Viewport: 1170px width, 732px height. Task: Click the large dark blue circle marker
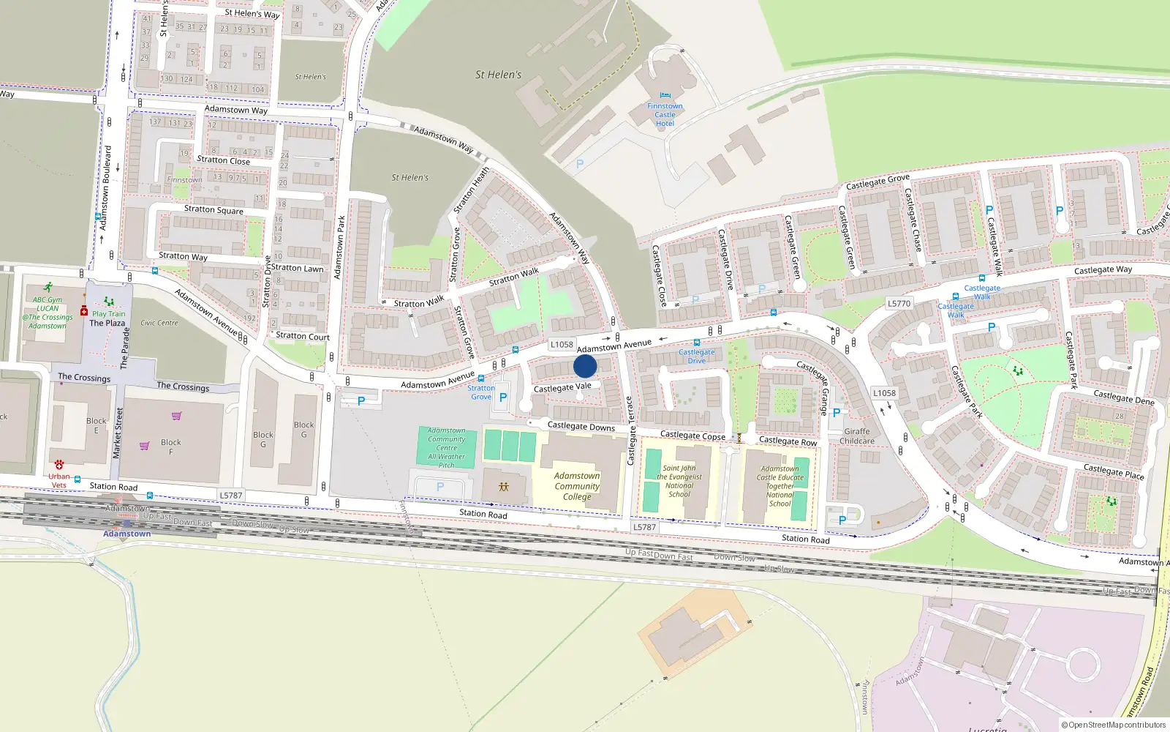pos(585,366)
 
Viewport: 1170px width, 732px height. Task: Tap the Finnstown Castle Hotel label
pos(665,115)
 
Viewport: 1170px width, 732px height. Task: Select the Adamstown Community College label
pos(577,486)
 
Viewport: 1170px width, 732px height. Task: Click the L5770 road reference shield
pos(899,303)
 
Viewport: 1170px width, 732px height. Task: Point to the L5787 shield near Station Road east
pos(644,527)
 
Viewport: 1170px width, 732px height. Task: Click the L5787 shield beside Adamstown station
pos(231,496)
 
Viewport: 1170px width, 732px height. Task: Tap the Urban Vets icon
pos(59,465)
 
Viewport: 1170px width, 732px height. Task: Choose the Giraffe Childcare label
pos(857,436)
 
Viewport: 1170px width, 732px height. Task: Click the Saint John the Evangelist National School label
pos(679,481)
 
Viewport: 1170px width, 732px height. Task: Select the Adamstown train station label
pos(127,534)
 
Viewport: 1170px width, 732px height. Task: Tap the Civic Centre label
pos(159,323)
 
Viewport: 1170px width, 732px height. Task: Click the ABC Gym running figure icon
pos(48,288)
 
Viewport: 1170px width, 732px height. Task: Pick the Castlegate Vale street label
pos(562,387)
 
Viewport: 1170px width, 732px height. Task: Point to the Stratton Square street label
pos(214,209)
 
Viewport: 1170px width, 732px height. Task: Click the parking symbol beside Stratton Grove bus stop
pos(503,397)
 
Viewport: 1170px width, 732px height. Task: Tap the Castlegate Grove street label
pos(877,182)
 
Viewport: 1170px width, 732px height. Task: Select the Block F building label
pos(171,447)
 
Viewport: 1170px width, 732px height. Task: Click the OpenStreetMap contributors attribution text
pos(1114,725)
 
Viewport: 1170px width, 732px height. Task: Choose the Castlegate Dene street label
pos(1124,397)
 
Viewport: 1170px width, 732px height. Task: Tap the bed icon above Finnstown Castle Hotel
pos(665,95)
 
